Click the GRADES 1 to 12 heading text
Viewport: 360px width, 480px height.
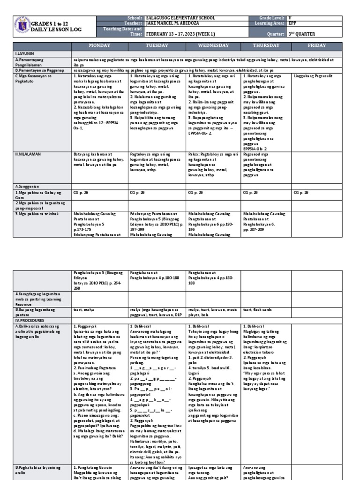pyautogui.click(x=51, y=23)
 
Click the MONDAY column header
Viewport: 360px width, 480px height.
pyautogui.click(x=99, y=45)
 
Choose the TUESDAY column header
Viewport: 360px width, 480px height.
pyautogui.click(x=157, y=45)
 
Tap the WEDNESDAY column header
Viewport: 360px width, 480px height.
pyautogui.click(x=213, y=45)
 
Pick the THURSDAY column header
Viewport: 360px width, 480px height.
pyautogui.click(x=266, y=45)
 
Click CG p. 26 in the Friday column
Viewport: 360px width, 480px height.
pyautogui.click(x=301, y=192)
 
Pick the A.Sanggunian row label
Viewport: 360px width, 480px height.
pyautogui.click(x=28, y=186)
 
